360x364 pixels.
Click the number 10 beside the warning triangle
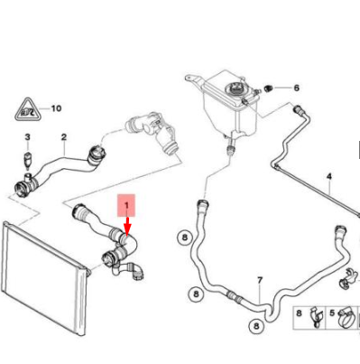(x=56, y=108)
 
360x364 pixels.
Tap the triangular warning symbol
(x=27, y=110)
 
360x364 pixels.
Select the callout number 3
(x=27, y=137)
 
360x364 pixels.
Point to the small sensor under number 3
(x=28, y=158)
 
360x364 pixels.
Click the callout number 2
(x=64, y=137)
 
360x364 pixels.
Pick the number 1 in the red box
(x=126, y=205)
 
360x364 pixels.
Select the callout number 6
(x=297, y=88)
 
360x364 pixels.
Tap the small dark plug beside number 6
(x=268, y=89)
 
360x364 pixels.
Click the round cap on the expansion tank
(x=235, y=89)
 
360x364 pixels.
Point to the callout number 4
(x=329, y=176)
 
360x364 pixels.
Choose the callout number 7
(x=260, y=281)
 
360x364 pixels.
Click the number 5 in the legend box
(x=332, y=313)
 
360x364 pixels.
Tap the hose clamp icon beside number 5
(x=346, y=318)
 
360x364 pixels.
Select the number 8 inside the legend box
(x=299, y=313)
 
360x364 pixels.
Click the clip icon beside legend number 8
(x=315, y=317)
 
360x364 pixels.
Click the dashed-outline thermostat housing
(x=152, y=133)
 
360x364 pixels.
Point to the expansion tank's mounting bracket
(x=194, y=80)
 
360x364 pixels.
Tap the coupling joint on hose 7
(x=234, y=296)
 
